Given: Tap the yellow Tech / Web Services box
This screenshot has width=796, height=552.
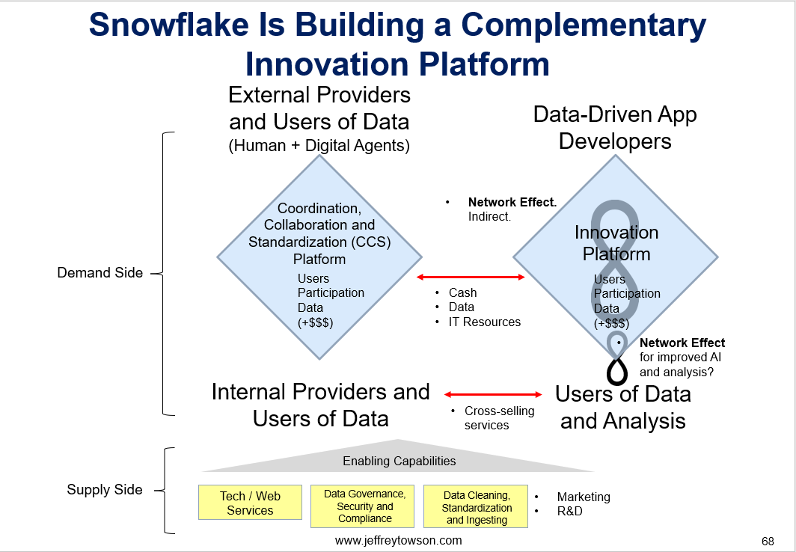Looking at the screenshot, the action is (250, 503).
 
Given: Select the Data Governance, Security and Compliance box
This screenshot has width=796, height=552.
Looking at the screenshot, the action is (364, 506).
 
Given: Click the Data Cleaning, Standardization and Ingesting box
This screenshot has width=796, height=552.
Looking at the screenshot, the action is (476, 506).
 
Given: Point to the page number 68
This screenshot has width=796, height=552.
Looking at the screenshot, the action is (768, 542).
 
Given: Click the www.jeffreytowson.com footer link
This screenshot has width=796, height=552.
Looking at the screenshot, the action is (399, 540).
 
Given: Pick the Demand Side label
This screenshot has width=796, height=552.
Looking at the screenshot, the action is (100, 273).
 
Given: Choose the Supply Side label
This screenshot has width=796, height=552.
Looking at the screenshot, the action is (105, 490).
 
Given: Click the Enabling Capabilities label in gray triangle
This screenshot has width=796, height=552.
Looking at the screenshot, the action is (399, 461).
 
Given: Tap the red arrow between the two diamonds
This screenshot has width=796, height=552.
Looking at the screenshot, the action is (471, 277).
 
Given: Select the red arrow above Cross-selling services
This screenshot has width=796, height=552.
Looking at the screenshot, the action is (494, 394).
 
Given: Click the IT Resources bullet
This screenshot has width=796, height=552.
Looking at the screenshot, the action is (484, 322).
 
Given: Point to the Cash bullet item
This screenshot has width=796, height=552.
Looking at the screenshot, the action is (462, 292).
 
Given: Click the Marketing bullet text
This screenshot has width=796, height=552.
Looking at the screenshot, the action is (584, 497).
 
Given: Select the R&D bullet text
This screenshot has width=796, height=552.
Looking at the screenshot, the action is (569, 511).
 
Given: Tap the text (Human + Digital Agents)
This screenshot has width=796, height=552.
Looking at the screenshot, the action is (319, 146).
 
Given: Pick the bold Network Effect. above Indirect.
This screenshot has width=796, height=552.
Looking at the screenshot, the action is (512, 203).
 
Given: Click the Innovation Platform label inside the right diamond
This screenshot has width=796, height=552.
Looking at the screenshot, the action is (616, 243).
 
